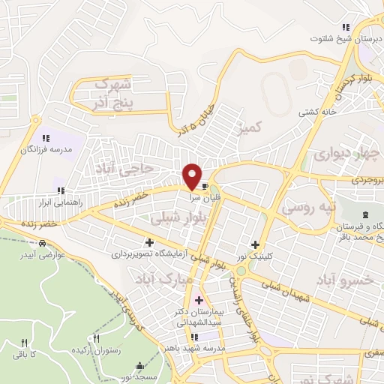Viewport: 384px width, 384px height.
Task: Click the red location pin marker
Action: pos(193,176)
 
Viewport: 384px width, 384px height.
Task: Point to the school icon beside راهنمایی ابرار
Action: pos(59,190)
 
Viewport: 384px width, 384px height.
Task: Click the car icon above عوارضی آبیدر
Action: pos(43,243)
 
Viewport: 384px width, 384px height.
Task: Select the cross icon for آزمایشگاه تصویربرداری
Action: pos(150,242)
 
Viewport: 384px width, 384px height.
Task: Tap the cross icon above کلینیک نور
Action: pos(256,244)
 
